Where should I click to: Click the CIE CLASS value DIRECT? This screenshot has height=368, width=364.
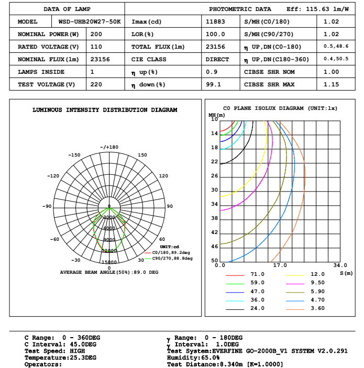click(x=217, y=60)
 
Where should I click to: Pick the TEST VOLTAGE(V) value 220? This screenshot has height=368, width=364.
click(x=96, y=85)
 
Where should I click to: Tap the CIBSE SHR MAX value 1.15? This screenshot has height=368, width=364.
click(x=332, y=85)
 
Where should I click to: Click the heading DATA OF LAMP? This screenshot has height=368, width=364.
click(x=67, y=9)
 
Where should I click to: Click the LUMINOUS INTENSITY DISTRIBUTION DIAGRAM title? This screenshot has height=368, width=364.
click(x=105, y=110)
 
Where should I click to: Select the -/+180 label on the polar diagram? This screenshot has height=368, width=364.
click(x=109, y=147)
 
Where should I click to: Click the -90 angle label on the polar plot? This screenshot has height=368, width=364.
click(x=47, y=206)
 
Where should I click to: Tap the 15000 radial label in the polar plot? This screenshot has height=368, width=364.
click(x=109, y=262)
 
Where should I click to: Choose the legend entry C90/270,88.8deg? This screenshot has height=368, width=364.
click(x=172, y=259)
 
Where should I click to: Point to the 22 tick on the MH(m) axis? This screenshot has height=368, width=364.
click(x=214, y=162)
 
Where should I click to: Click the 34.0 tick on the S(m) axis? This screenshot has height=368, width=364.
click(x=340, y=265)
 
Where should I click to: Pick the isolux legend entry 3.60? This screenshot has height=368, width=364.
click(x=317, y=308)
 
